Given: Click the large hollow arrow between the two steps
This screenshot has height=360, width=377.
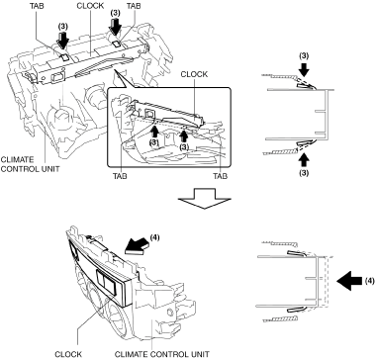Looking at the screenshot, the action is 205,198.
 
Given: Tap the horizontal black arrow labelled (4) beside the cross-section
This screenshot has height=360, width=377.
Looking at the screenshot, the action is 349,281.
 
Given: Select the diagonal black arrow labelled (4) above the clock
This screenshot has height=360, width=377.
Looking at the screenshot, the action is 137,247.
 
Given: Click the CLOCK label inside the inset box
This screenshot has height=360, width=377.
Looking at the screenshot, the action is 194,74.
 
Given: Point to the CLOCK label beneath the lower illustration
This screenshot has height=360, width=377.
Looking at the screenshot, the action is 68,354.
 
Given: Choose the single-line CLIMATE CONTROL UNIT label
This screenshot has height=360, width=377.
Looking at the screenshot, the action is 161,354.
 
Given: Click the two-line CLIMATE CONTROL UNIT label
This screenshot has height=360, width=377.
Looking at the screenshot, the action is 30,164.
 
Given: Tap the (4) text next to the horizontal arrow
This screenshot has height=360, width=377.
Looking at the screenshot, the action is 370,281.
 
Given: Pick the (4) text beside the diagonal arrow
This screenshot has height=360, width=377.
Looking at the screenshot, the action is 154,237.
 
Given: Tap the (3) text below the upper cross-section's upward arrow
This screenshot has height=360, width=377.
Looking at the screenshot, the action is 304,172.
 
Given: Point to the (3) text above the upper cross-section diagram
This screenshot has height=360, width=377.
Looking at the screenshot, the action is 304,56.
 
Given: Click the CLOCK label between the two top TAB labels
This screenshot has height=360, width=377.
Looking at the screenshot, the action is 90,6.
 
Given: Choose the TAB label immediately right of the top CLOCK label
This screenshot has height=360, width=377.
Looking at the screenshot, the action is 134,6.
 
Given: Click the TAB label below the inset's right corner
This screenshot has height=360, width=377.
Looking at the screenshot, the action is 220,176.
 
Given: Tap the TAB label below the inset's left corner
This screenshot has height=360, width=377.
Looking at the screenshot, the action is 120,176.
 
